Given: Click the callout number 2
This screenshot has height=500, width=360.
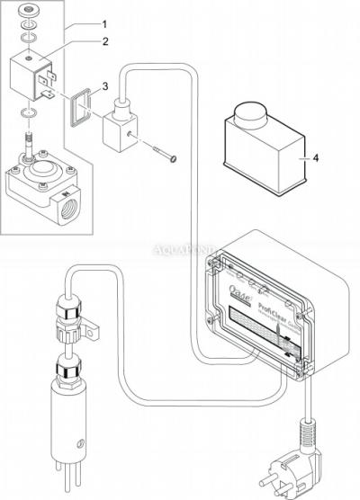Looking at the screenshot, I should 104,41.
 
